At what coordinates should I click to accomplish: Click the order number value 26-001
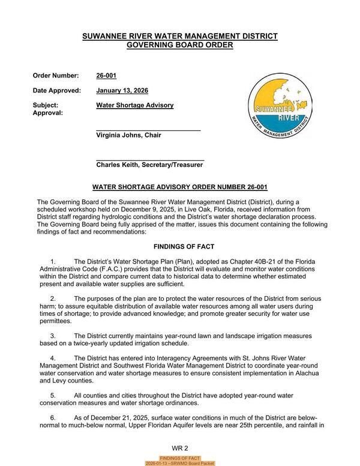coord(107,76)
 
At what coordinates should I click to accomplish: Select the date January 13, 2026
coord(122,91)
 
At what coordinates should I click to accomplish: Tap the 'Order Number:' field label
coord(56,76)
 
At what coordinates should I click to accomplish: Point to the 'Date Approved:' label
coord(57,91)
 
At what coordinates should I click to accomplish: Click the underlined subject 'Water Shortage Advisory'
coord(134,105)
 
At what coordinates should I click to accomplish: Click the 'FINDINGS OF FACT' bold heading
coord(180,247)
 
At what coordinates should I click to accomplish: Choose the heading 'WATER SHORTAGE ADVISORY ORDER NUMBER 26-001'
coord(180,187)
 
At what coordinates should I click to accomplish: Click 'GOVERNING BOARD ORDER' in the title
coord(180,45)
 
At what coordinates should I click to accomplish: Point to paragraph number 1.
coord(53,262)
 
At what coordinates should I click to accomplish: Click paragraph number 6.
coord(53,417)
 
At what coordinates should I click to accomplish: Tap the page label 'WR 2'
coord(180,448)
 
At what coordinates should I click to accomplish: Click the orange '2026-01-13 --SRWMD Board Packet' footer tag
coord(180,463)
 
